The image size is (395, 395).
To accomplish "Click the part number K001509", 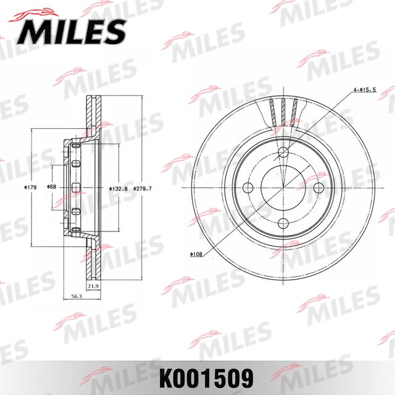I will pos(197,374).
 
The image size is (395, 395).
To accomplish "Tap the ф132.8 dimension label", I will pos(118,188).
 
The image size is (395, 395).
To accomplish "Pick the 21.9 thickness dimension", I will pos(93,286).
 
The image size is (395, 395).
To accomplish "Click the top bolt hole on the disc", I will pos(284,152).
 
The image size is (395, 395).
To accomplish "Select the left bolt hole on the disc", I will pos(248,188).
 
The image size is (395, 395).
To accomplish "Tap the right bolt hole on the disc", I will pos(319,188).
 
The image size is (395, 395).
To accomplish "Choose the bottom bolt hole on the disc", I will pos(284,223).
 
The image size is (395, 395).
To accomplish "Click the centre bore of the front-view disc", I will pos(284,188).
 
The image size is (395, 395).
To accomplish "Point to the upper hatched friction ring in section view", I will pos(93,114).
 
